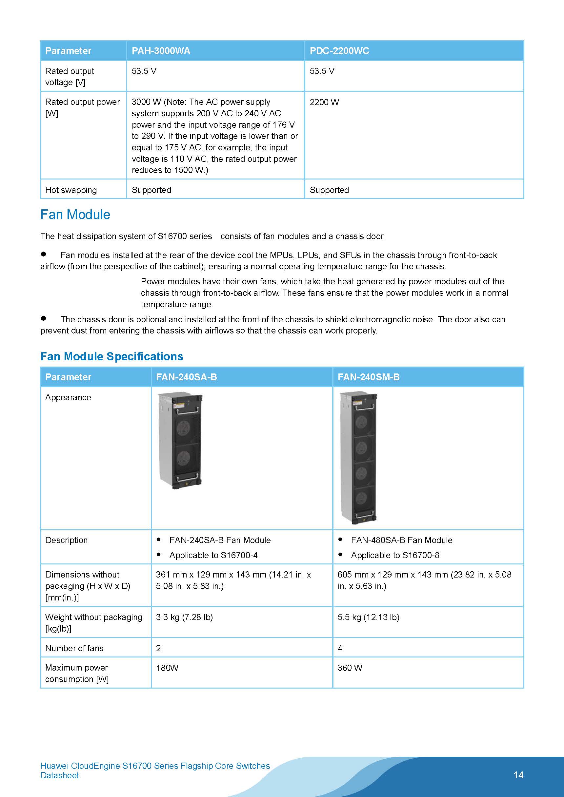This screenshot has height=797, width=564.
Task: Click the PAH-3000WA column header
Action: click(161, 51)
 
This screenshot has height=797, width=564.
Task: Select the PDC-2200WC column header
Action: click(339, 51)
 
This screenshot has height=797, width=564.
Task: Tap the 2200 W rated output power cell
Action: click(324, 102)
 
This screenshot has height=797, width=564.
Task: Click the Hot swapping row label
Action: click(71, 190)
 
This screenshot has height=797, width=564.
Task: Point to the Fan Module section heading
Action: click(75, 215)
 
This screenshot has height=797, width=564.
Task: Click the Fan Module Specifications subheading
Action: click(111, 356)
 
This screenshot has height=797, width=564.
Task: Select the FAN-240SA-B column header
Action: click(186, 377)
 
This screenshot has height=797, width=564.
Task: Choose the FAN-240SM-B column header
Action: click(368, 377)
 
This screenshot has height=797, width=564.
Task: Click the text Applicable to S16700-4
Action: click(213, 555)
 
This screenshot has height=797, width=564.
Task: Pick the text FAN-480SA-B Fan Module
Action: click(401, 540)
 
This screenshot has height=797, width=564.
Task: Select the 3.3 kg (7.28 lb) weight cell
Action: click(184, 617)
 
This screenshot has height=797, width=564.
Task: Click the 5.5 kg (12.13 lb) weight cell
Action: click(368, 617)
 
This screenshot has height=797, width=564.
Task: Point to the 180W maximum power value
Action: click(167, 668)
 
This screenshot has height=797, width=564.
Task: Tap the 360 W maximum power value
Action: click(350, 668)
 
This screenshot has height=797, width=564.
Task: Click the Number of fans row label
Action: click(74, 648)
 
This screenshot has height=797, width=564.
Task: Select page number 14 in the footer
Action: click(518, 775)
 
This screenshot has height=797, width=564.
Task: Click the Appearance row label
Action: click(68, 397)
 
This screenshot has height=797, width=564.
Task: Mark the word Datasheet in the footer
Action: click(60, 775)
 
